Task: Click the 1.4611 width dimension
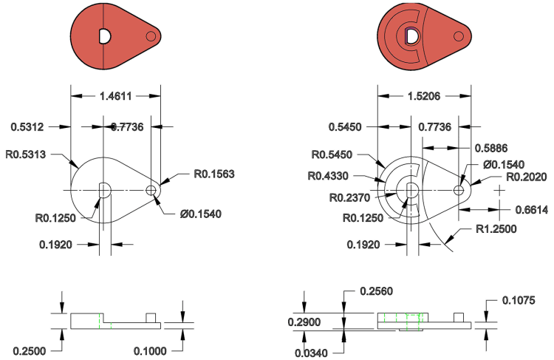coord(117,96)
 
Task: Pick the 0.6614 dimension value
coord(531,210)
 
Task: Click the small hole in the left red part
coord(152,35)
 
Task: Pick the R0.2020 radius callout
coord(525,175)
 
